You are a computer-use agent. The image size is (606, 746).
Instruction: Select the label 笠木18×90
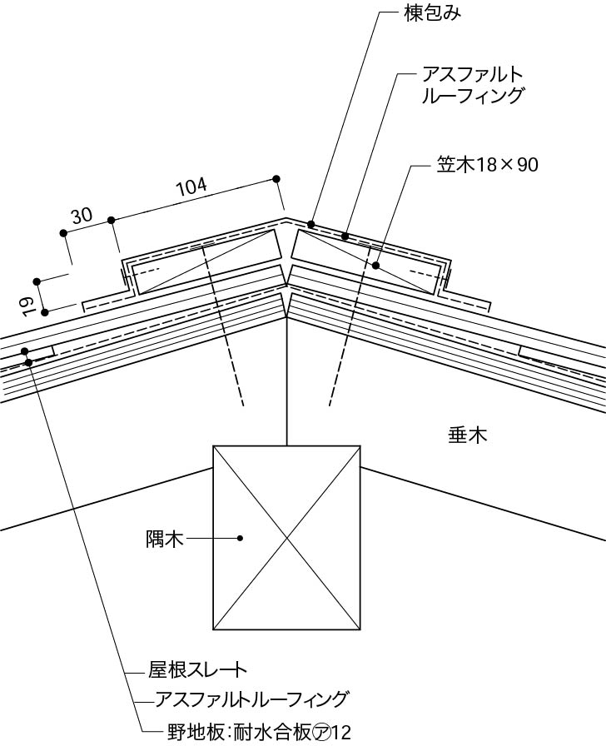pyautogui.click(x=488, y=165)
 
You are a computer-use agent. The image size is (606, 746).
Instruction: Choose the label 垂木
pyautogui.click(x=467, y=435)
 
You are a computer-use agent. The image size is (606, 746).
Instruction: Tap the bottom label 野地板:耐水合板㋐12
pyautogui.click(x=259, y=732)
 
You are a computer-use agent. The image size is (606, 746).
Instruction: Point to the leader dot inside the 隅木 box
pyautogui.click(x=240, y=539)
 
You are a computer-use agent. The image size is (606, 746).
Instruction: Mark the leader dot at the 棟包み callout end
pyautogui.click(x=310, y=224)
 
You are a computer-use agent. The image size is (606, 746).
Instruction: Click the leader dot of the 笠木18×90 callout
pyautogui.click(x=376, y=266)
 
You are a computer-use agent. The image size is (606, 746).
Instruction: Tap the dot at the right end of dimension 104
pyautogui.click(x=276, y=178)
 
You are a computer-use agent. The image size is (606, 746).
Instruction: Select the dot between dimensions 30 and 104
pyautogui.click(x=111, y=220)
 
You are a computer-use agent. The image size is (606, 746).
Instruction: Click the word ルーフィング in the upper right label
pyautogui.click(x=474, y=97)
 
